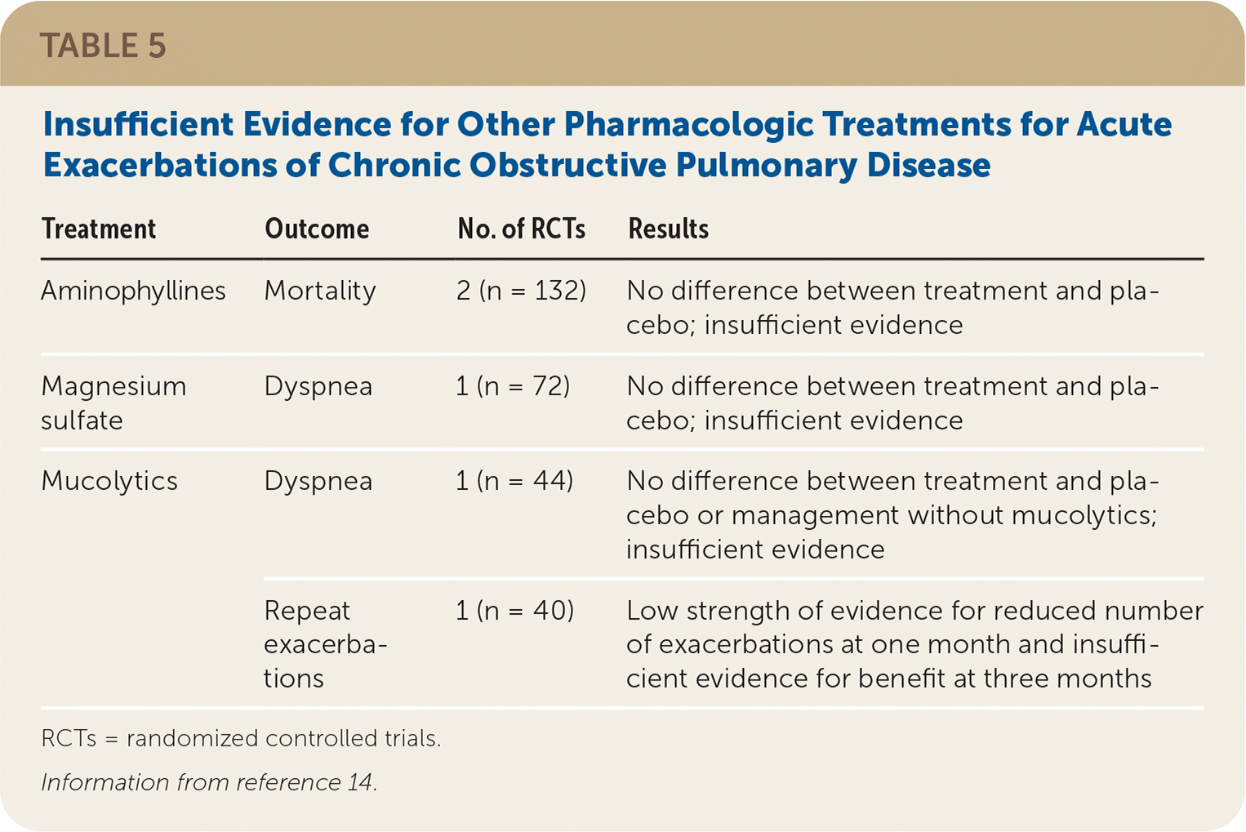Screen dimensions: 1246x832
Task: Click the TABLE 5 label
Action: click(x=103, y=46)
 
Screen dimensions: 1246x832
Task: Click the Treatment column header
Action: click(x=99, y=229)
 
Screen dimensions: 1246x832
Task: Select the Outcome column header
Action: click(x=317, y=229)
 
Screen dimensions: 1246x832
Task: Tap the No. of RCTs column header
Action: click(x=521, y=229)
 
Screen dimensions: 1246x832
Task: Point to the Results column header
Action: click(x=668, y=229)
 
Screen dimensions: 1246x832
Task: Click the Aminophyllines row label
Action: click(x=134, y=291)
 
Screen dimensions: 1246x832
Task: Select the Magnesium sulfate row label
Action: click(x=113, y=403)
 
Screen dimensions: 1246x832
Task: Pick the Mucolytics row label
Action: click(x=109, y=481)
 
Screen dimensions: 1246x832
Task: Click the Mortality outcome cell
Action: click(x=320, y=291)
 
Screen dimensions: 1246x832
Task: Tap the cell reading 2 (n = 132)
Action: click(x=521, y=291)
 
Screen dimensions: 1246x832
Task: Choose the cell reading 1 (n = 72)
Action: click(x=513, y=386)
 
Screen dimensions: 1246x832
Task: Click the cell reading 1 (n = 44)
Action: click(x=514, y=481)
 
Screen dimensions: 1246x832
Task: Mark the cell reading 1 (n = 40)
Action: click(x=514, y=611)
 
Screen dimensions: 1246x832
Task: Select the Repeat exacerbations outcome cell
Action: click(x=326, y=644)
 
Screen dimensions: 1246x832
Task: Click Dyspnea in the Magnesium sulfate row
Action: click(x=318, y=387)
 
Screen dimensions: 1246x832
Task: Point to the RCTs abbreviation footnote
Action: click(x=241, y=739)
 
